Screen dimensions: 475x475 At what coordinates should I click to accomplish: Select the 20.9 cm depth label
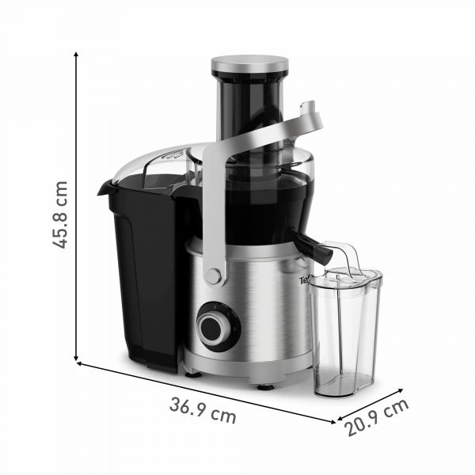pos(378,417)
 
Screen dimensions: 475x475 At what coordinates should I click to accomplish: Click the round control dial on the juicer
pos(215,327)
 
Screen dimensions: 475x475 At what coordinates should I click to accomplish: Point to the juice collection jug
pos(344,332)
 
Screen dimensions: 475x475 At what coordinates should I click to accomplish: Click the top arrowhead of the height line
pos(77,53)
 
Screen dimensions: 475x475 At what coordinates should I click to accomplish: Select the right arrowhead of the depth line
pos(403,390)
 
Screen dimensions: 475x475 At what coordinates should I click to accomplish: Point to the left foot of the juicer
pos(192,370)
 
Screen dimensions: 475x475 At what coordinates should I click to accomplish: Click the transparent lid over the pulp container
pos(158,162)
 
